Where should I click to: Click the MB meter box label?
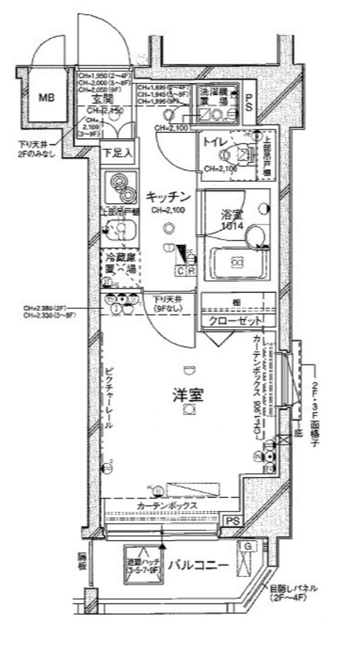[47, 97]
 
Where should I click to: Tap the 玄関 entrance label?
[100, 100]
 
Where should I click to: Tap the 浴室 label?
[232, 215]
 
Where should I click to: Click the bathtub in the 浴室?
[237, 263]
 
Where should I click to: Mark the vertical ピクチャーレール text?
[109, 398]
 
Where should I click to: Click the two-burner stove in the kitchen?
[120, 187]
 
